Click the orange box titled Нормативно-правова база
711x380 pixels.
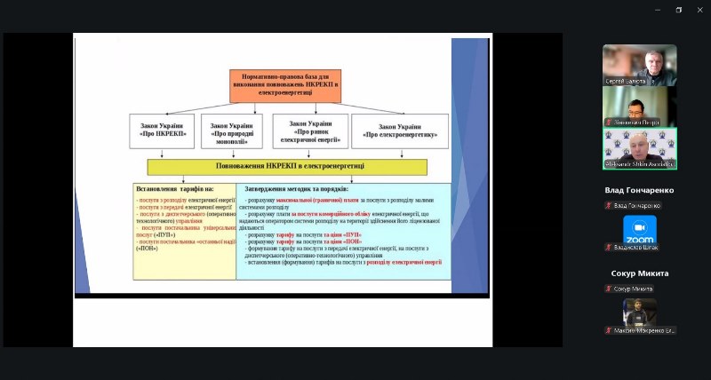click(x=284, y=84)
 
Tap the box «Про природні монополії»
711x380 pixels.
click(x=231, y=131)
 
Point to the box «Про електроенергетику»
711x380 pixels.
click(x=400, y=131)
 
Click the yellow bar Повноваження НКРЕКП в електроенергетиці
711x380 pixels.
click(x=286, y=166)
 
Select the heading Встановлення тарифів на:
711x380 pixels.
click(x=175, y=188)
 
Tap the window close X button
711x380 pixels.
click(x=699, y=10)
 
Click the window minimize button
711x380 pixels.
click(x=658, y=10)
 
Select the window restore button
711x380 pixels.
click(x=679, y=10)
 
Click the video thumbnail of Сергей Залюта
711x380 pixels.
click(x=639, y=65)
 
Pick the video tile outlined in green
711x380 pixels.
click(x=639, y=148)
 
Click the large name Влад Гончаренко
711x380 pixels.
click(x=639, y=190)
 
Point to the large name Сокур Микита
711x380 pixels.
click(x=639, y=273)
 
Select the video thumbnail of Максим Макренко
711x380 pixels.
click(x=640, y=313)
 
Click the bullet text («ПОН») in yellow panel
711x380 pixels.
click(x=147, y=249)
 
